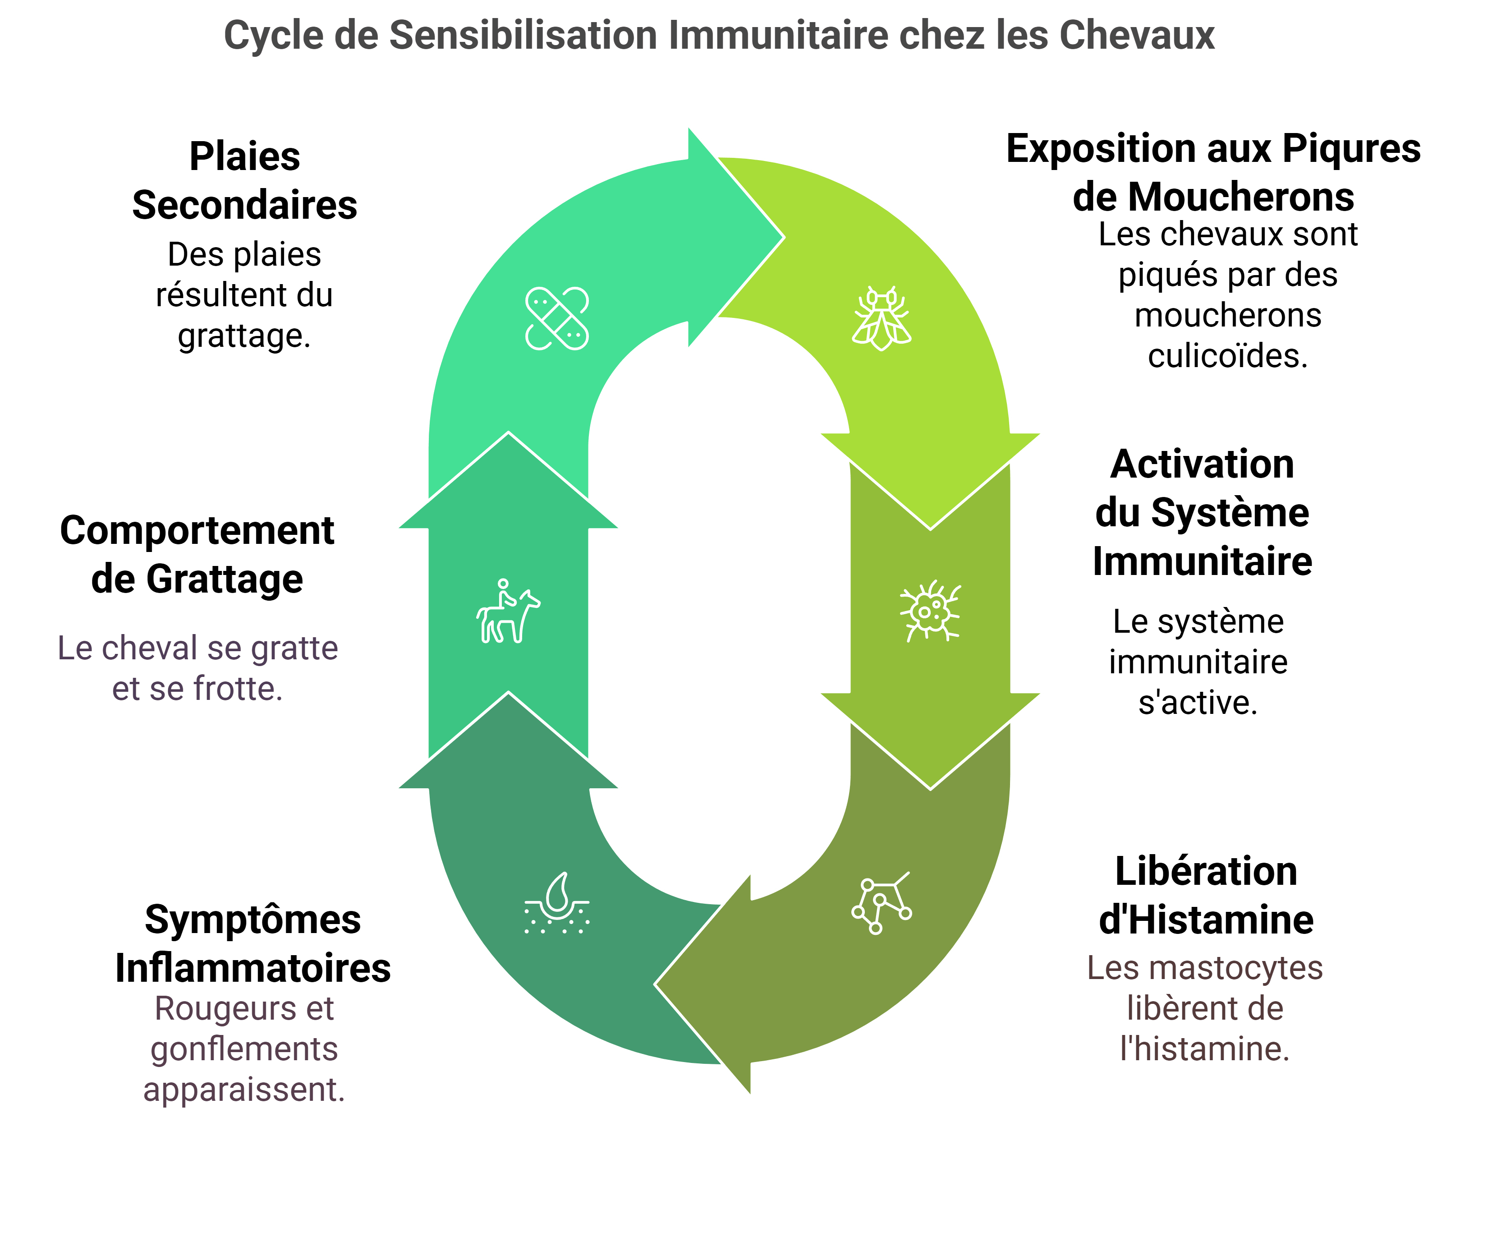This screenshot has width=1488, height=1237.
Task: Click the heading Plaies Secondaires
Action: pos(244,181)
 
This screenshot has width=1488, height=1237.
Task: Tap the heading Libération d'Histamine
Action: pos(1206,896)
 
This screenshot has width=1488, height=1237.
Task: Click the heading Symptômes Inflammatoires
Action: pos(253,944)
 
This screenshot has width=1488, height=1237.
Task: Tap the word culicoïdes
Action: pos(1228,356)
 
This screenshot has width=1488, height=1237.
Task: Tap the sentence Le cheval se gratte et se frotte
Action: pos(197,668)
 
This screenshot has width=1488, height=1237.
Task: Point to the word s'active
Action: pos(1198,702)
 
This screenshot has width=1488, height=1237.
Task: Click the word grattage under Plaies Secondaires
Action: pos(244,336)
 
